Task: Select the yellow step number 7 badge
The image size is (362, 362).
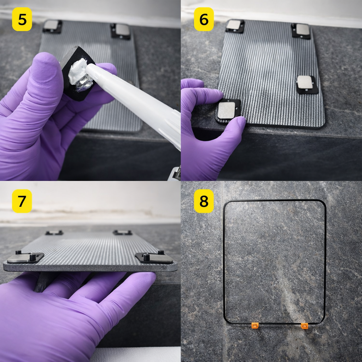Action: [x=22, y=201]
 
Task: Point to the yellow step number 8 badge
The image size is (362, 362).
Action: [x=204, y=201]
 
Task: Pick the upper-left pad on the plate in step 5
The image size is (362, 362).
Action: [x=52, y=26]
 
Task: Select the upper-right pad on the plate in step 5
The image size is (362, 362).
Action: [x=121, y=31]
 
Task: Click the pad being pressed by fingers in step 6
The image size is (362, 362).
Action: [x=228, y=111]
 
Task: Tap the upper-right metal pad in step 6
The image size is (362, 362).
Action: [x=301, y=30]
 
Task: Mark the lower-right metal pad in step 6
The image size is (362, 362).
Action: [x=306, y=84]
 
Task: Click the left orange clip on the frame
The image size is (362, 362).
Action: [x=255, y=325]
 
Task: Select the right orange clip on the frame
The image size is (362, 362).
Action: [x=304, y=325]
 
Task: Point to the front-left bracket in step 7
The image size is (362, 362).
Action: [x=25, y=257]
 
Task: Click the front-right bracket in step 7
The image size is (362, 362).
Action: [x=154, y=257]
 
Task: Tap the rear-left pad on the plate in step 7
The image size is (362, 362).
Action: [x=54, y=233]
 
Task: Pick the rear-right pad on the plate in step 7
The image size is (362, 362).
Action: [x=122, y=232]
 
